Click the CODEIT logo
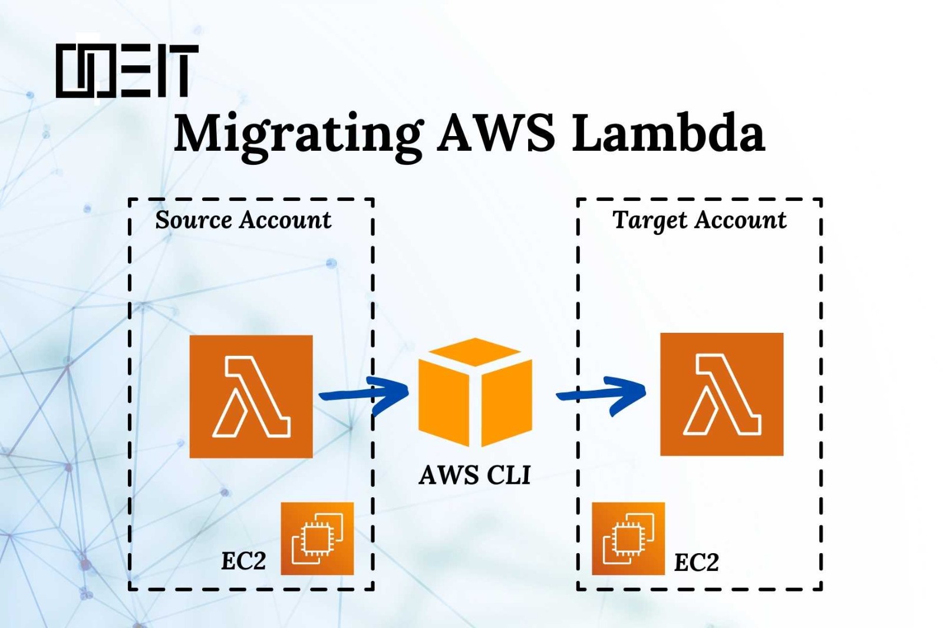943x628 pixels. pos(127,71)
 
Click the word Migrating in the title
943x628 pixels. pos(298,134)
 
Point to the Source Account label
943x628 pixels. pos(243,220)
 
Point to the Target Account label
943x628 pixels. pos(699,220)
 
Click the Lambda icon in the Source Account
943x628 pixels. pos(251,396)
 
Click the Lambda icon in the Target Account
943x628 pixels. pos(721,394)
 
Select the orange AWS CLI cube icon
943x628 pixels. pos(475,392)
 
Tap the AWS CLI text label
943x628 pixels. pos(474,475)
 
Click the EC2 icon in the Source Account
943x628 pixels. pos(317,538)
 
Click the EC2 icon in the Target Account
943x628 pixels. pos(628,538)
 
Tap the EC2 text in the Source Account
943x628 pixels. pos(243,560)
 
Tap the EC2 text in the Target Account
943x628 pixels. pos(696,563)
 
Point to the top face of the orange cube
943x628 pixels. pos(475,352)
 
